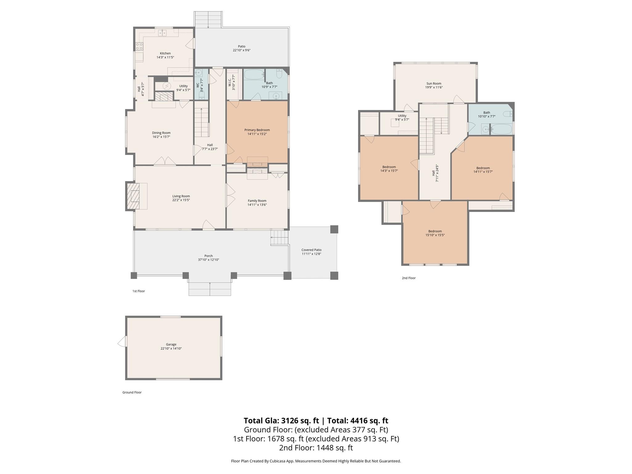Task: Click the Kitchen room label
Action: pos(165,53)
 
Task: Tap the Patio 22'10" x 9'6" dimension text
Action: pos(241,50)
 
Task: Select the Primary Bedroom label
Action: pos(257,130)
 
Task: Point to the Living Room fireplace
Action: pos(135,196)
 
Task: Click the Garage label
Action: pos(171,344)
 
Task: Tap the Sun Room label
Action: pos(434,83)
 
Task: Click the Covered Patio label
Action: pos(311,250)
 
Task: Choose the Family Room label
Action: pos(257,201)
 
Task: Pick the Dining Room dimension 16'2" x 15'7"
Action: pos(161,137)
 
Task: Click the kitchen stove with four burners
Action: pos(139,46)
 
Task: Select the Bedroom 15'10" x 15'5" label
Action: pos(435,231)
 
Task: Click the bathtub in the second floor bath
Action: pos(501,129)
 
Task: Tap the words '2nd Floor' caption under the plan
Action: pos(409,278)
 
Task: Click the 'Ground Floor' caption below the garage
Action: pos(132,393)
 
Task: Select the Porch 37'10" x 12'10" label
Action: pos(208,256)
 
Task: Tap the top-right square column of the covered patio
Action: pos(334,229)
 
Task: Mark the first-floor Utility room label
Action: pos(183,86)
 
